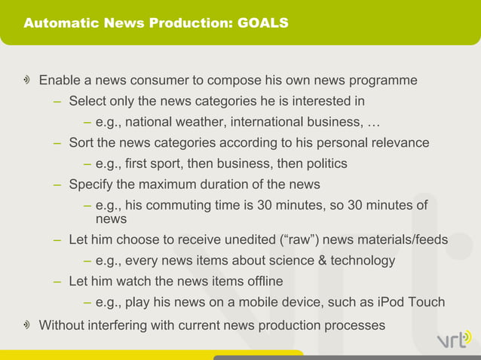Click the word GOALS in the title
tap(263, 23)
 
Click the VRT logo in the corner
tap(453, 340)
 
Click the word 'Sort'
tap(81, 142)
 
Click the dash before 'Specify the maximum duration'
tap(57, 185)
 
